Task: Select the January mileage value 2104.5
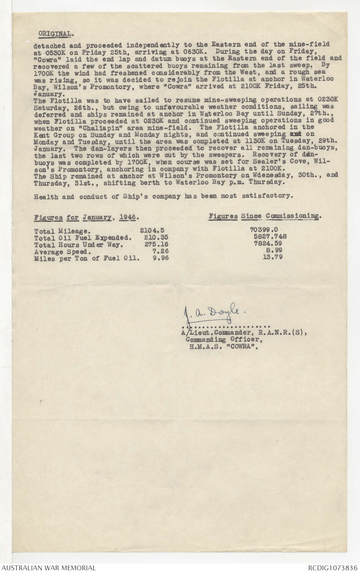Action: (x=152, y=230)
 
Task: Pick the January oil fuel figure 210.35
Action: (x=156, y=237)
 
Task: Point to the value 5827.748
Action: (x=270, y=236)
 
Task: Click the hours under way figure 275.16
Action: (x=156, y=244)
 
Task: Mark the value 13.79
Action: (x=272, y=257)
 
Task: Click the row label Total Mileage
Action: (x=61, y=231)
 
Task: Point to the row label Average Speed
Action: (x=63, y=252)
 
